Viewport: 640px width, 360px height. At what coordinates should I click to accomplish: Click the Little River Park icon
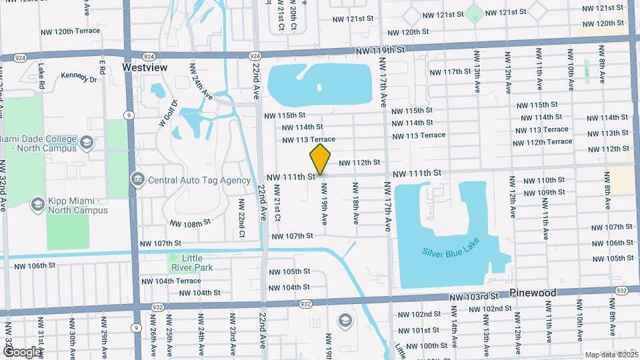click(x=173, y=259)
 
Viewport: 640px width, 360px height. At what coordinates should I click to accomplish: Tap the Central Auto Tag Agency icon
click(x=138, y=179)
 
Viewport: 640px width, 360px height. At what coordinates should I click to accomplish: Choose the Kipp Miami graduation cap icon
click(x=37, y=204)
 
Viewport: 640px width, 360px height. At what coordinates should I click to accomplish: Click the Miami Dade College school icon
click(x=87, y=142)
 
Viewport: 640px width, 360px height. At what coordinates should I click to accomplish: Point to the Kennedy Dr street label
click(x=79, y=77)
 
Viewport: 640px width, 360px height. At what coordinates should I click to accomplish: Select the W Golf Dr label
click(x=167, y=113)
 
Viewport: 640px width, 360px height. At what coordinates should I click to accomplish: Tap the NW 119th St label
click(x=380, y=51)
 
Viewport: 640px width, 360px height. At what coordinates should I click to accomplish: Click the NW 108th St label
click(x=190, y=223)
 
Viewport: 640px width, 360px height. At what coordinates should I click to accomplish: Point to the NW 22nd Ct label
click(x=242, y=223)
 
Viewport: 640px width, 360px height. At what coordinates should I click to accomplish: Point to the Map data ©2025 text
click(x=611, y=355)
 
